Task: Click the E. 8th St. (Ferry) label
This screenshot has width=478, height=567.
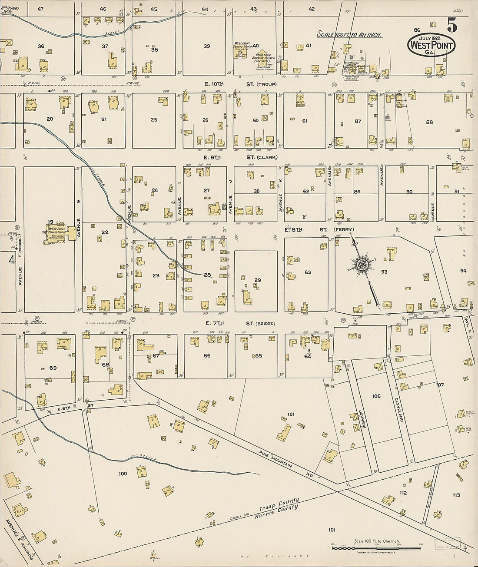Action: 319,229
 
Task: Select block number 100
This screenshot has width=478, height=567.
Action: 123,473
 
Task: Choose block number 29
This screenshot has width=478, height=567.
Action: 258,280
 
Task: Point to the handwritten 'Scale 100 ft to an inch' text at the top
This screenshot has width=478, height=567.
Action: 349,34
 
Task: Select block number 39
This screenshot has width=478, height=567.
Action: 207,46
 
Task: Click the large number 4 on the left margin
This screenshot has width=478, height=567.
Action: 11,259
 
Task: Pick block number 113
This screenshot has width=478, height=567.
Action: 456,495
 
